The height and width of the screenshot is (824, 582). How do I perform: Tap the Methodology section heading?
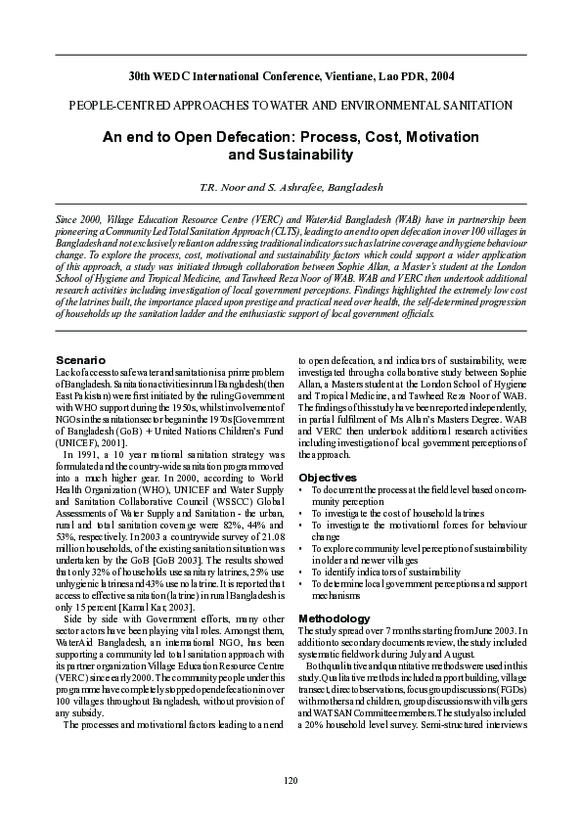click(335, 618)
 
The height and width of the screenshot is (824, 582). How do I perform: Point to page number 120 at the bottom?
click(291, 779)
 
